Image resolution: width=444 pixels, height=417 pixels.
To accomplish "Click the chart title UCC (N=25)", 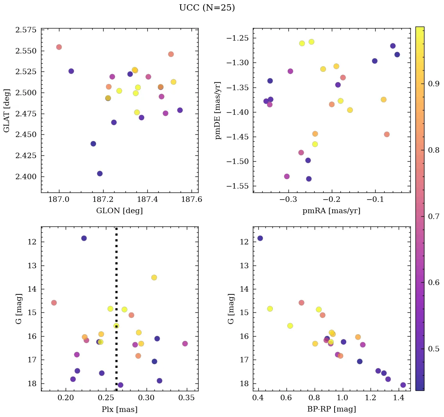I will click(207, 8).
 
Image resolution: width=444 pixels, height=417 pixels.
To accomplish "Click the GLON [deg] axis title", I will click(119, 211).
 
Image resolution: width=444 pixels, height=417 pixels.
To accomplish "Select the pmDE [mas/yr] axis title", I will click(218, 110).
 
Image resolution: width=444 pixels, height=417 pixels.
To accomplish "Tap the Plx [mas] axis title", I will click(119, 409).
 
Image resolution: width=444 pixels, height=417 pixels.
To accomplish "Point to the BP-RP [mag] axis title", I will click(331, 409).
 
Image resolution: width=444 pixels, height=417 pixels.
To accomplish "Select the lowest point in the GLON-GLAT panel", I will click(100, 173).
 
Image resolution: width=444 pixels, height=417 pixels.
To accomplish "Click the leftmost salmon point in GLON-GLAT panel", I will click(59, 47).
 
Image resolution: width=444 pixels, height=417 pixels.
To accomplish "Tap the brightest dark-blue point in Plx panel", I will click(84, 238).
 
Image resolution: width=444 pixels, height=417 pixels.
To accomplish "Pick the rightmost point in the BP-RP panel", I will click(403, 385).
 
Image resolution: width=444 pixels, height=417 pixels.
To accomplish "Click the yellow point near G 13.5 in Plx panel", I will click(154, 278).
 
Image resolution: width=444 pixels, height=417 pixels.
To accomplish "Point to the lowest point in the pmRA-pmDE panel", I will click(309, 179).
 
